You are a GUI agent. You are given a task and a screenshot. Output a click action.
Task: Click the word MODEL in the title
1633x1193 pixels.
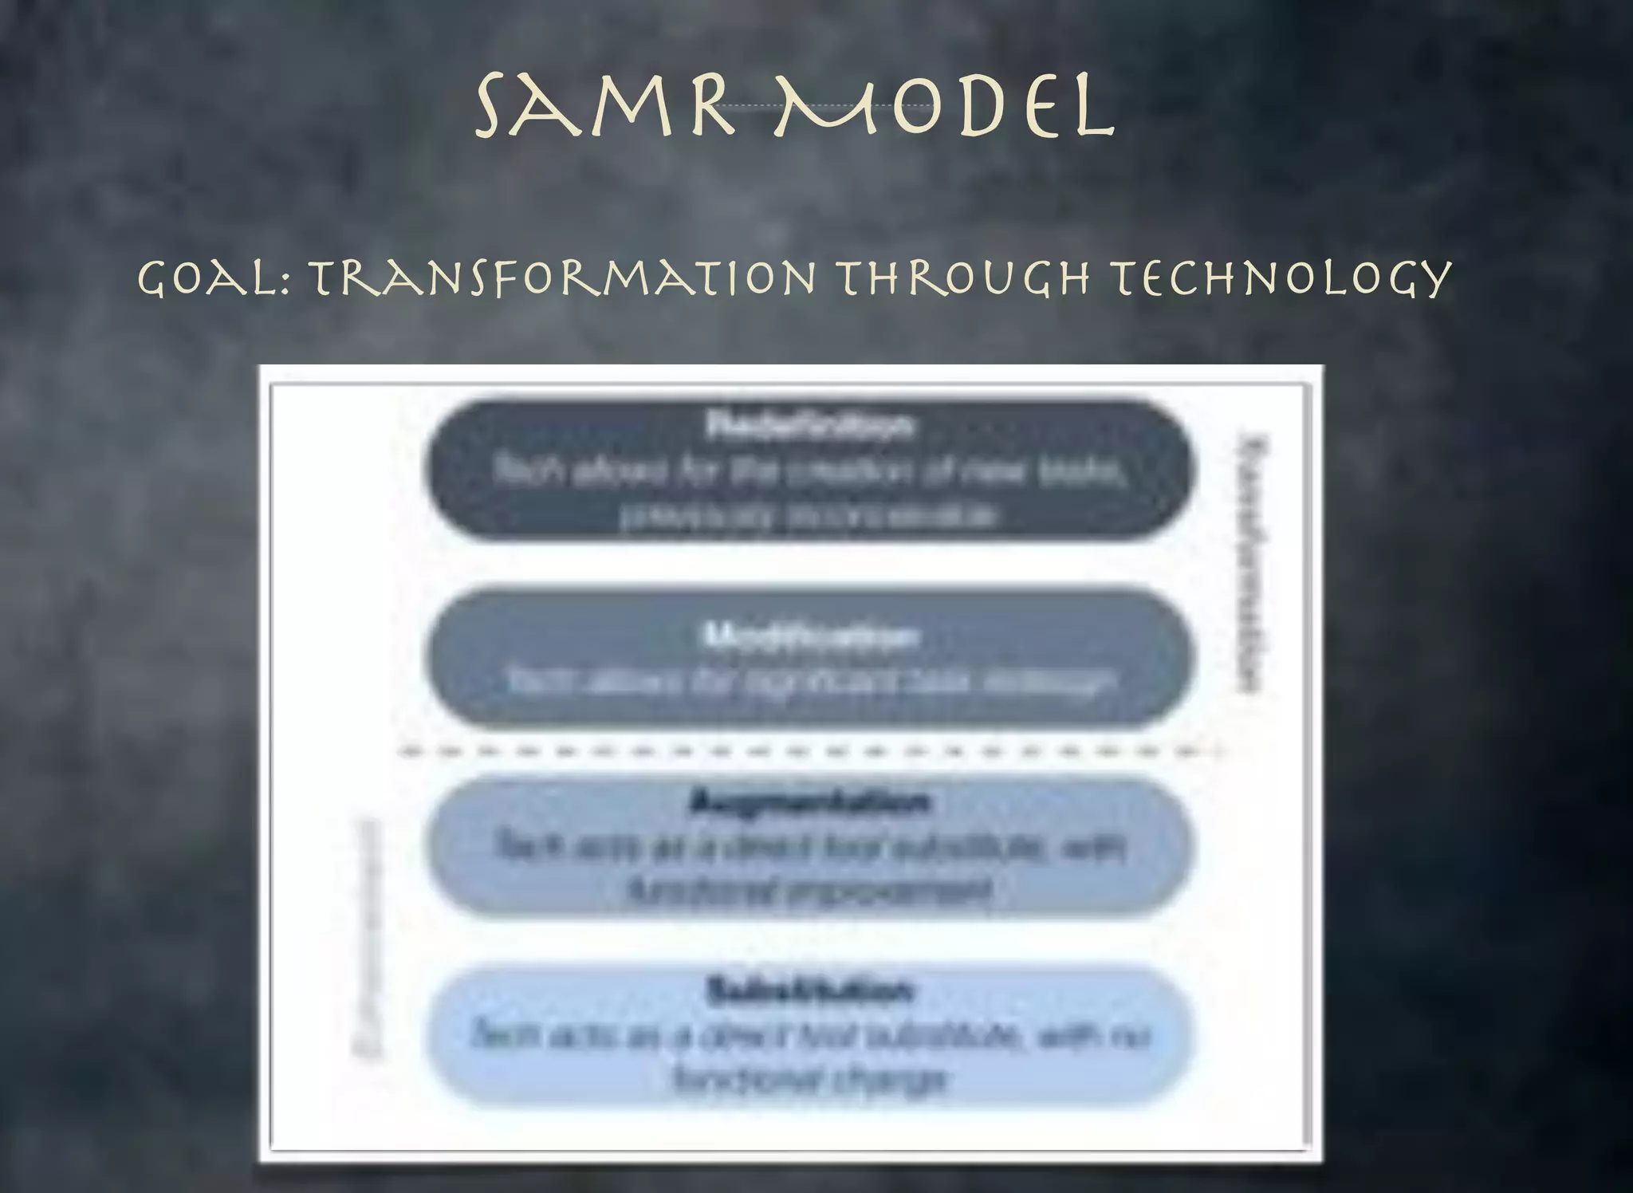pos(944,106)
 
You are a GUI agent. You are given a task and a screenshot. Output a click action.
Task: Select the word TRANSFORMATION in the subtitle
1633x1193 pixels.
pos(563,278)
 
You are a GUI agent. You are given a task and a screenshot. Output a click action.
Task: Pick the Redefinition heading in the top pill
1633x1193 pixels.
pos(809,424)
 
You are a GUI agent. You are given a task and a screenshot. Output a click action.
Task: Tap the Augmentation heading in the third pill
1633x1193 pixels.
pos(809,801)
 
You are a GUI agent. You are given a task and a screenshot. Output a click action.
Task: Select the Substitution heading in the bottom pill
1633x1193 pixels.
pos(809,990)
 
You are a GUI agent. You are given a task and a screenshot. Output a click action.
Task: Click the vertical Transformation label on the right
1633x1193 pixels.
pos(1251,562)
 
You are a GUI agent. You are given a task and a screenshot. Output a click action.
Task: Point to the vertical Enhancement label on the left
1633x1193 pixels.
pos(368,937)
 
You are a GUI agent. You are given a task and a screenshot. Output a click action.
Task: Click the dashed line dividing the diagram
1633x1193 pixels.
pos(809,751)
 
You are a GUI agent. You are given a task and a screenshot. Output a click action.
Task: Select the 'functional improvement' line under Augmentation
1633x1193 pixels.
pos(809,890)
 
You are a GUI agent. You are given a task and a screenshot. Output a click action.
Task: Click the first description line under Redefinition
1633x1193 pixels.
pos(809,471)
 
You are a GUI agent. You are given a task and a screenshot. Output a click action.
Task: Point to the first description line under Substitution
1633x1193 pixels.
pos(809,1035)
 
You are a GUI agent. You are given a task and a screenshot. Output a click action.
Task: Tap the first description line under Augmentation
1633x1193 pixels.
pos(809,845)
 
